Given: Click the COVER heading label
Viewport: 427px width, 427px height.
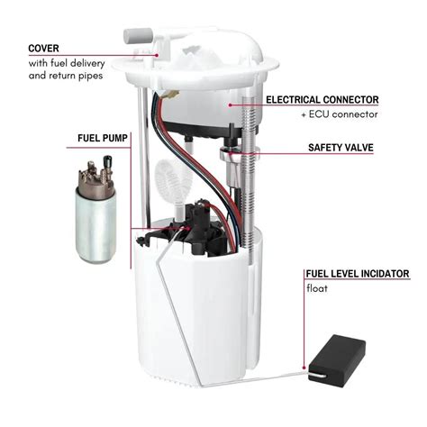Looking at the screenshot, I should coord(46,47).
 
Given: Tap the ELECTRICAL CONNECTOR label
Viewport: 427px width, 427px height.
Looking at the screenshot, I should coord(333,100).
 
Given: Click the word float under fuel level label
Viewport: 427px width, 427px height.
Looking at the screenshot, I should coord(316,288).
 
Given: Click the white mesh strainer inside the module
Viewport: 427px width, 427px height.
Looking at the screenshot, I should coord(168,180).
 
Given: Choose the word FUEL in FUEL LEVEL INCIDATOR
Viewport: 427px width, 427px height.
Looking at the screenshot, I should coord(318,273).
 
